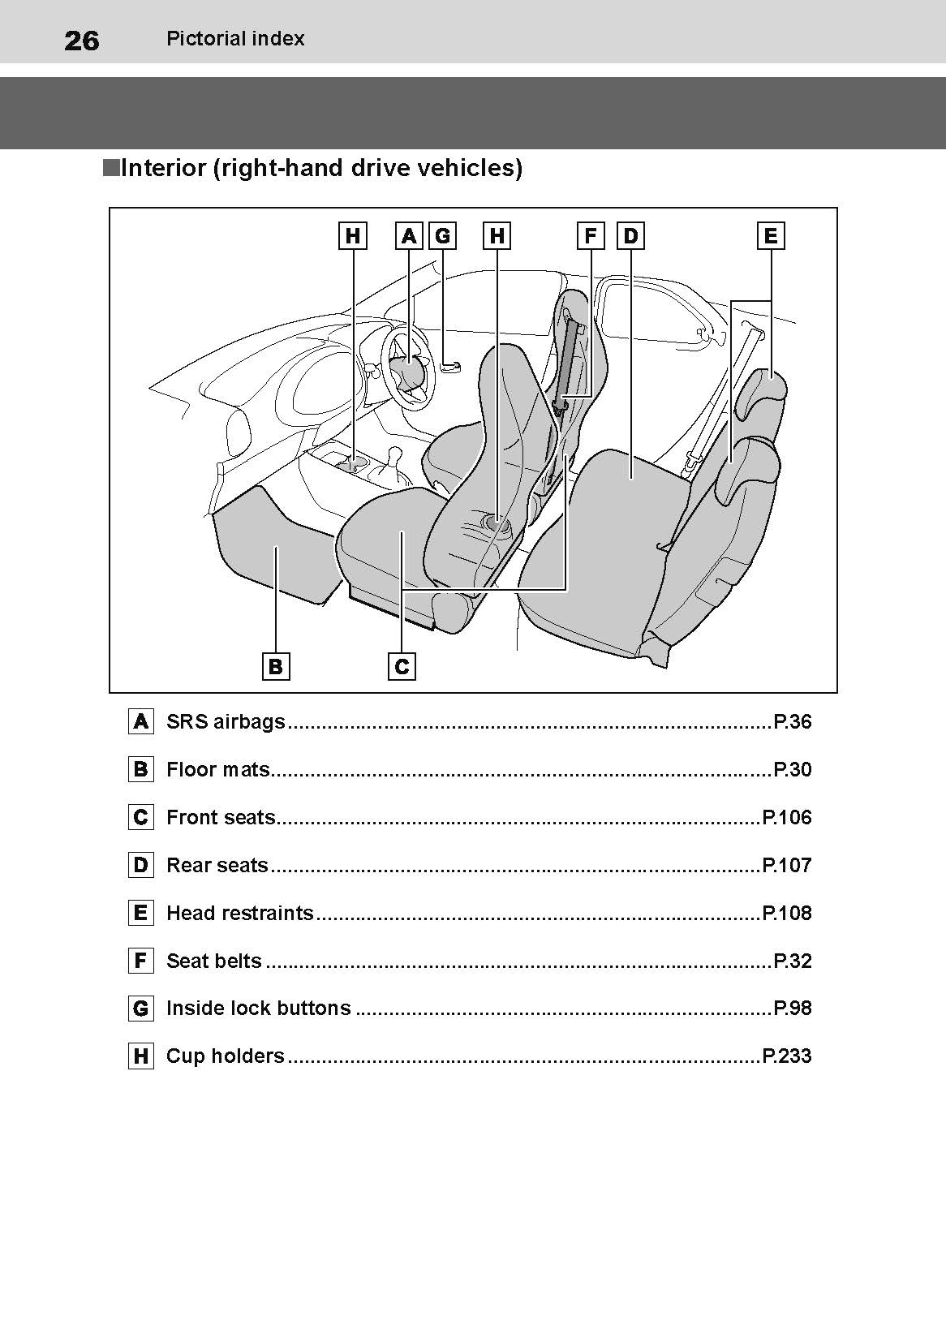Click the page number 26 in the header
81,41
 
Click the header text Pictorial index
235,39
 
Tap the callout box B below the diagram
276,666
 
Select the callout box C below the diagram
402,666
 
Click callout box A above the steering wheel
409,235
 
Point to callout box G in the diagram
443,235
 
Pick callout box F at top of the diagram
591,235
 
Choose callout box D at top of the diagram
631,235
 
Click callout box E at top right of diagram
771,235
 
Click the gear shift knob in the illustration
395,456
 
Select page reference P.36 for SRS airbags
792,721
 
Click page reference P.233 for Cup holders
787,1056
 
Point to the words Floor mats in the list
218,769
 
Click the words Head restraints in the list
240,913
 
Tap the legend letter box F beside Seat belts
141,961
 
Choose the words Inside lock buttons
259,1008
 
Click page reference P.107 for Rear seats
787,865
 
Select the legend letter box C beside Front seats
141,817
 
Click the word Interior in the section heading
164,168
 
